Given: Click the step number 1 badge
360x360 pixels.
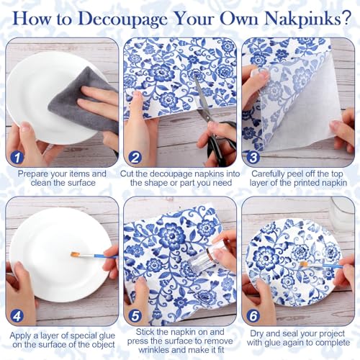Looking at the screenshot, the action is [x=17, y=158].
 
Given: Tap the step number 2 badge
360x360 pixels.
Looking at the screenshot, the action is [x=135, y=158].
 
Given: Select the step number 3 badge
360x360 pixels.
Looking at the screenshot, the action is [x=253, y=158].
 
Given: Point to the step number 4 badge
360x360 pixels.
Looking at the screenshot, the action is [x=17, y=316].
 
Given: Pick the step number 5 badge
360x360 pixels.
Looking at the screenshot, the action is [x=135, y=316].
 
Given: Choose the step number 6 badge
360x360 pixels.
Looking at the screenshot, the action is [x=253, y=316].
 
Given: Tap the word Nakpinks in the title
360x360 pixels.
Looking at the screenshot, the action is [x=301, y=18].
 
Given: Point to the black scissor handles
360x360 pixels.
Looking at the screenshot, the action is [x=221, y=142].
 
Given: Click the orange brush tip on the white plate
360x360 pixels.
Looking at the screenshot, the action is [x=76, y=254].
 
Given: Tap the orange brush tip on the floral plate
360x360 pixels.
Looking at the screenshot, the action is [x=304, y=264].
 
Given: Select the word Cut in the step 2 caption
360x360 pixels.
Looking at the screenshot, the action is [x=126, y=174].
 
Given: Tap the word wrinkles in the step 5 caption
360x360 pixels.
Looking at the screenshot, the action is [x=154, y=350].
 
